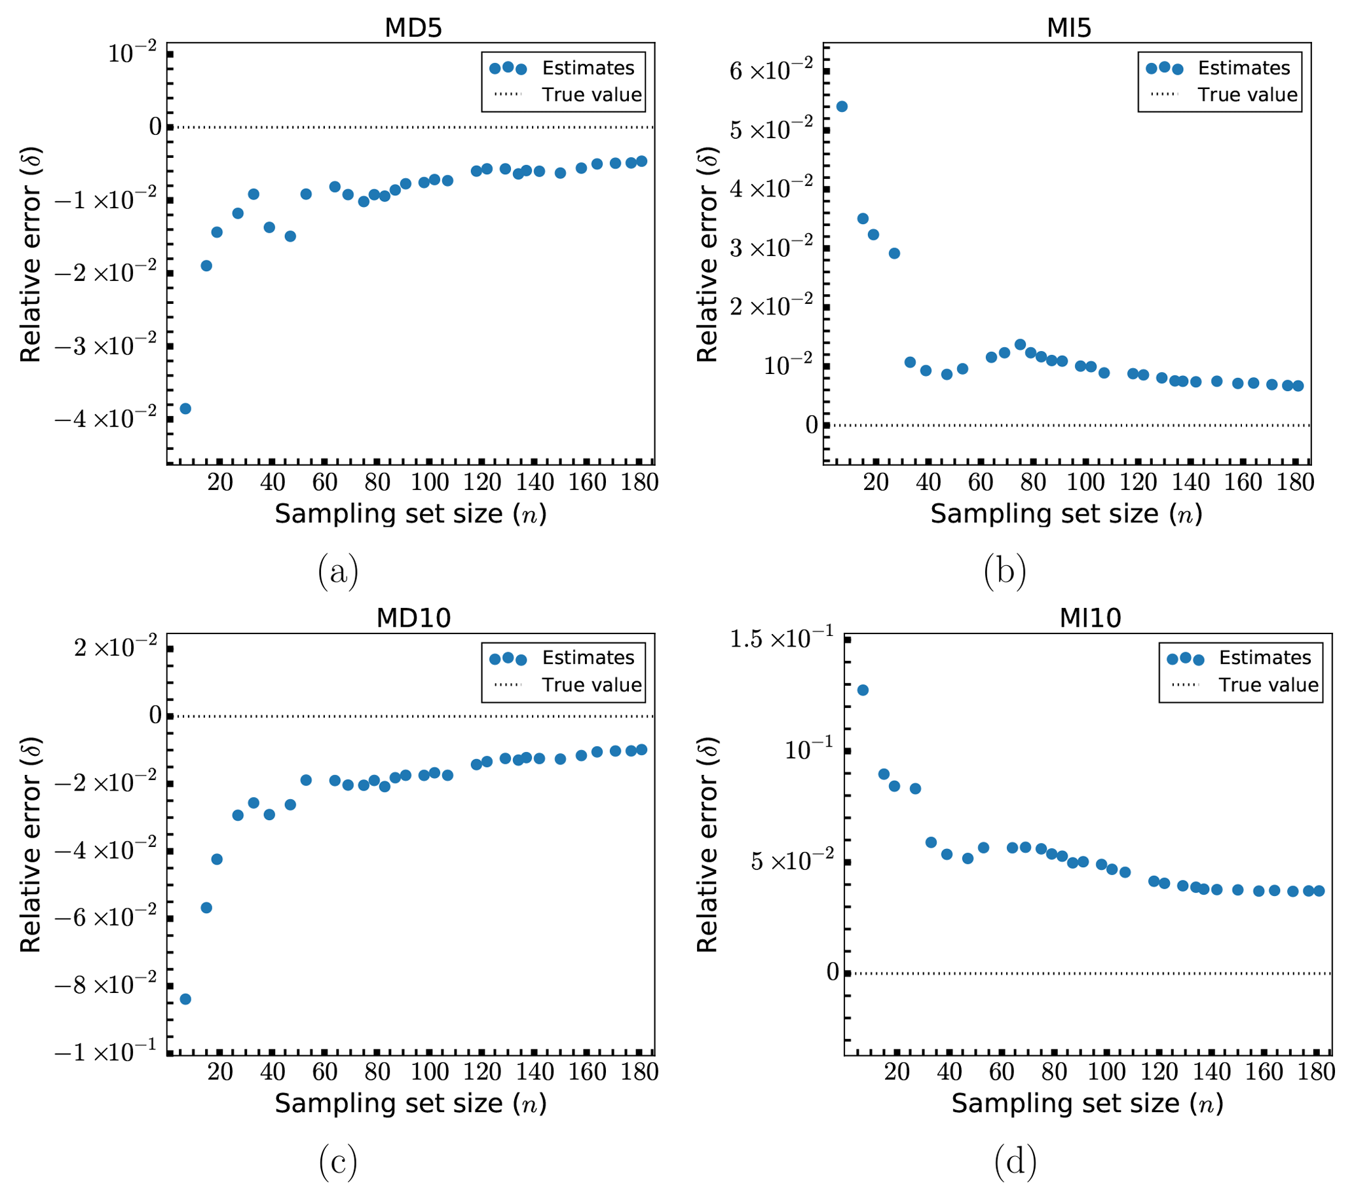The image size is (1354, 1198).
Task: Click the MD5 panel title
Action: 413,28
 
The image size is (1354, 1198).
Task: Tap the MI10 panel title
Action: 1090,618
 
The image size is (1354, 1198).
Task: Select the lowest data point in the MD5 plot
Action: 185,409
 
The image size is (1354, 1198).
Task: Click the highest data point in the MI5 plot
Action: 842,107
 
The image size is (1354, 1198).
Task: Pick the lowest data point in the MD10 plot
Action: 185,999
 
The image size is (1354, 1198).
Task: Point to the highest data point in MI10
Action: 863,690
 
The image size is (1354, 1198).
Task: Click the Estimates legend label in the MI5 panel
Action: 1243,67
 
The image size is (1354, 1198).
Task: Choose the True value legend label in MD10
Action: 592,684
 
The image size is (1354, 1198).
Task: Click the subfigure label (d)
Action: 1015,1161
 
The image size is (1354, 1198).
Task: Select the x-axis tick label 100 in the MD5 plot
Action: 429,482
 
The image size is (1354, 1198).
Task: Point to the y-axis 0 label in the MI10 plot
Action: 832,971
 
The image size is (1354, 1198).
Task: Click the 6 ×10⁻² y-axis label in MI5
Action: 770,69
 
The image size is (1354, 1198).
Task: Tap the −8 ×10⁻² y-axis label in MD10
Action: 106,984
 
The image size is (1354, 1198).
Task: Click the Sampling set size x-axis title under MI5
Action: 1066,514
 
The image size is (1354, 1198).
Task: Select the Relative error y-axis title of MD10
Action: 31,845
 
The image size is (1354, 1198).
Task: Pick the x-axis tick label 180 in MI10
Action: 1315,1072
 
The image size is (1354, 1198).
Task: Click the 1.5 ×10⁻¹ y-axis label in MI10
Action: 781,639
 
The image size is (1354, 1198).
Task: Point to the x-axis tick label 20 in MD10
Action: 220,1072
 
